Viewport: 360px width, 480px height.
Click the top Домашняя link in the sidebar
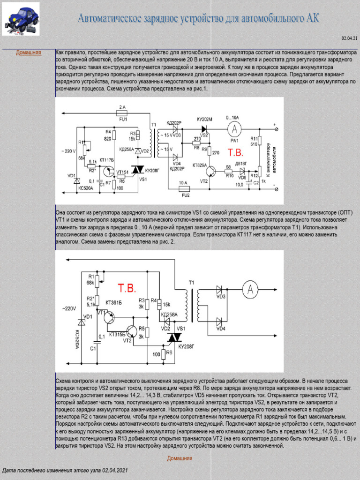coord(28,52)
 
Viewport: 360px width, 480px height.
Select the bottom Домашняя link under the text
coord(180,458)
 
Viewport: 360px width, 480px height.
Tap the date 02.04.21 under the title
coord(349,38)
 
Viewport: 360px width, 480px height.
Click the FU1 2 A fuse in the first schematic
coord(122,113)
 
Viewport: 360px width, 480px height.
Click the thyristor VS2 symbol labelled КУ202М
coord(204,128)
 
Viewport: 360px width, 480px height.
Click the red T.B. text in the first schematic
coord(235,153)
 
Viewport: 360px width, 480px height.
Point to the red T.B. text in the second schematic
coord(127,287)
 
